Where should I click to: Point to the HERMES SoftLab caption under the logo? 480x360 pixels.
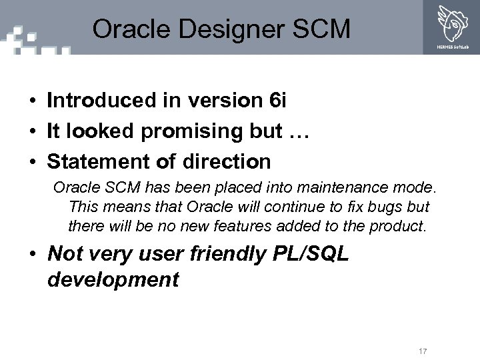[451, 47]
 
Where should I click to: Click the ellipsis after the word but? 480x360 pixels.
[301, 131]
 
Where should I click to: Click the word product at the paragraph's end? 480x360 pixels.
[398, 226]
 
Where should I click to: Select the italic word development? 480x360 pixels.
[113, 280]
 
